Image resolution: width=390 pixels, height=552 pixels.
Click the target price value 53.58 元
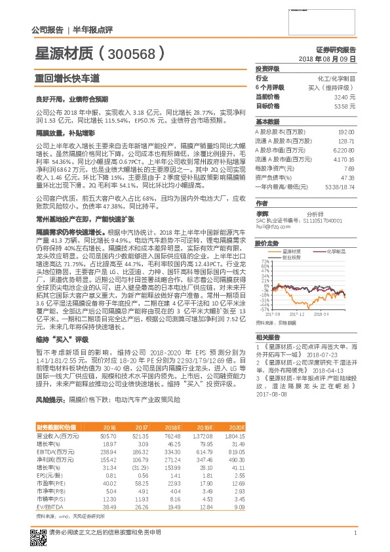(x=345, y=106)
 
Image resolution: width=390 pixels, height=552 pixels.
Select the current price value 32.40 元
(x=345, y=96)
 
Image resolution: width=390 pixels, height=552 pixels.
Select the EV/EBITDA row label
(x=49, y=506)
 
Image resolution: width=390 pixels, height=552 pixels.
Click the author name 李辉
(x=262, y=214)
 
